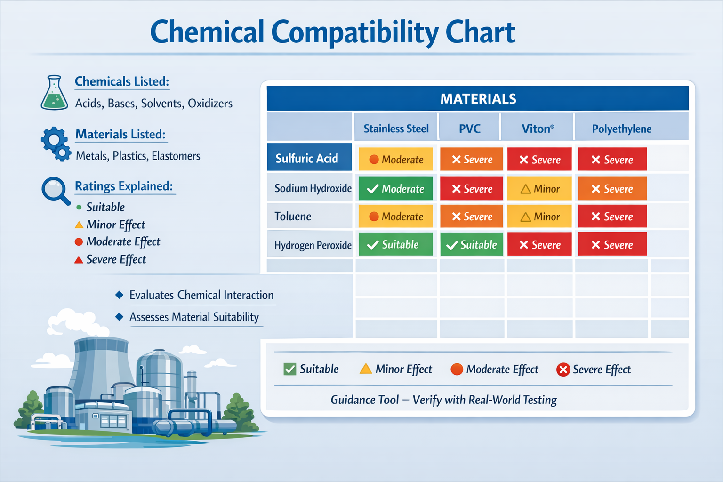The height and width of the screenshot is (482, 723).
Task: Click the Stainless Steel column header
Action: tap(396, 129)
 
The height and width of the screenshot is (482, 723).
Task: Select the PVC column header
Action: tap(469, 129)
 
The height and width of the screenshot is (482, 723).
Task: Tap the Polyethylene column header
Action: tap(621, 129)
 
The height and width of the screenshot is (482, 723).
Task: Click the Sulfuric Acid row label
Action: tap(307, 158)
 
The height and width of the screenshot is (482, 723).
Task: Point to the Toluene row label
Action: tap(293, 217)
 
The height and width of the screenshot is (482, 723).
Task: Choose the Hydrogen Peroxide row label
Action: tap(313, 245)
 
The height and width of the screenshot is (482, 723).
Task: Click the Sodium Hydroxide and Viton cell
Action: tap(539, 189)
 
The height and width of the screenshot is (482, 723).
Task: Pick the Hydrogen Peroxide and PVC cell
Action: tap(472, 245)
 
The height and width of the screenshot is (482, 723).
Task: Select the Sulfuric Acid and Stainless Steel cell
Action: tap(395, 160)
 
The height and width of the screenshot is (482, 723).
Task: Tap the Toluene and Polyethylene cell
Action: tap(612, 217)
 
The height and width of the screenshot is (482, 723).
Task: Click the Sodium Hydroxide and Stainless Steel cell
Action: tap(395, 189)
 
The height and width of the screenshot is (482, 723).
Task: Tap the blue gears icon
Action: tap(56, 143)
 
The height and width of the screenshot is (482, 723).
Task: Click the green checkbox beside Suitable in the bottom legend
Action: tap(290, 369)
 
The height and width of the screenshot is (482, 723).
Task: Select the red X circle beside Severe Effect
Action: tap(563, 370)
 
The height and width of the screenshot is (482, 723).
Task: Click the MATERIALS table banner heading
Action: tap(478, 99)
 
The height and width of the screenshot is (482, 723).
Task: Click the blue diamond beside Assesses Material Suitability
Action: tap(120, 317)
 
